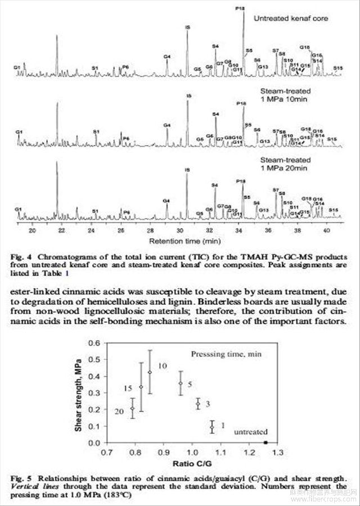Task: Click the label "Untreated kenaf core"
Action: pos(290,19)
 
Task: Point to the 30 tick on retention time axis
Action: pos(179,230)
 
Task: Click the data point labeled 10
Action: pos(150,372)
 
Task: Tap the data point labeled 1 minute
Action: pos(212,427)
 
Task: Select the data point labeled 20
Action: pos(133,408)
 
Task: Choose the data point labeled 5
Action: pos(181,383)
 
